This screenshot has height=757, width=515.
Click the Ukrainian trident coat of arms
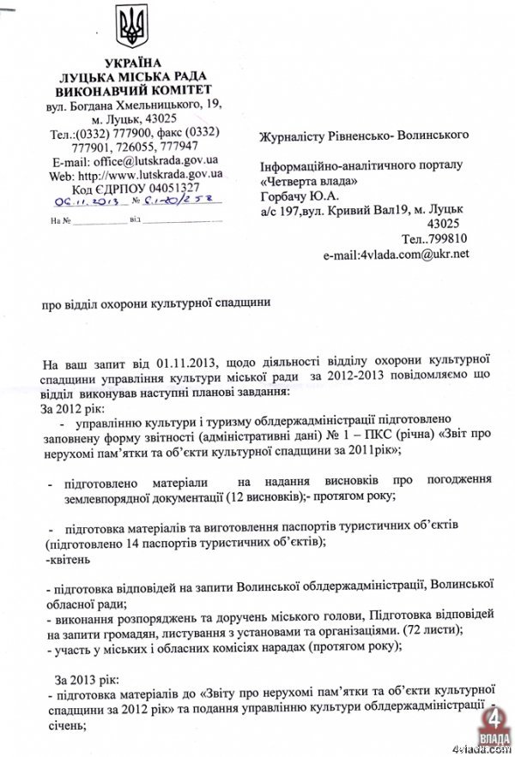(x=133, y=27)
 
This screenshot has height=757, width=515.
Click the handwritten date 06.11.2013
(x=85, y=203)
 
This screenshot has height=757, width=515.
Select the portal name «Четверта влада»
(x=309, y=180)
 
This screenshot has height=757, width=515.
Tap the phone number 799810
(x=447, y=238)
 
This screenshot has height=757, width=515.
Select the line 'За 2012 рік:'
(x=73, y=406)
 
